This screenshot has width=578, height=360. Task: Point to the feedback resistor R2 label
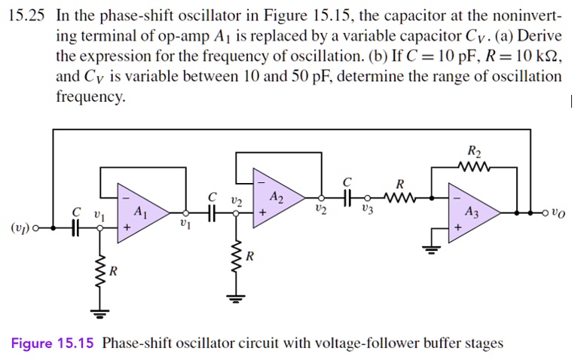click(473, 151)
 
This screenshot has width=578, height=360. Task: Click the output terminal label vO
click(556, 214)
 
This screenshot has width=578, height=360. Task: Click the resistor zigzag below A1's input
click(97, 267)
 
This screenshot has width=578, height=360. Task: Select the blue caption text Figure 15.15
click(52, 344)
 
